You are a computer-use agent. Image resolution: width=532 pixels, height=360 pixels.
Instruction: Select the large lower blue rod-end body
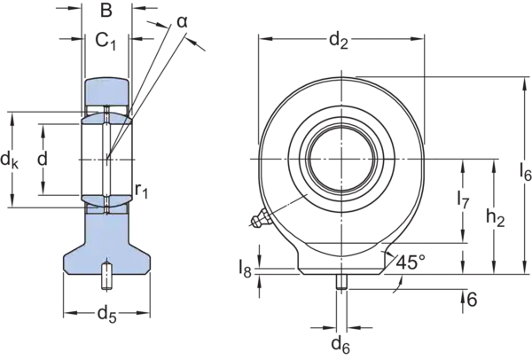(106, 239)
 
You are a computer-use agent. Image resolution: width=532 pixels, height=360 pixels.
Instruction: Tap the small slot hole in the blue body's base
(106, 275)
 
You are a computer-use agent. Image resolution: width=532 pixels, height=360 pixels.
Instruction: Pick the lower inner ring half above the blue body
(106, 204)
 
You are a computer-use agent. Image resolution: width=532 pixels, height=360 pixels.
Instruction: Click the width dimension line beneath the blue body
(106, 314)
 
